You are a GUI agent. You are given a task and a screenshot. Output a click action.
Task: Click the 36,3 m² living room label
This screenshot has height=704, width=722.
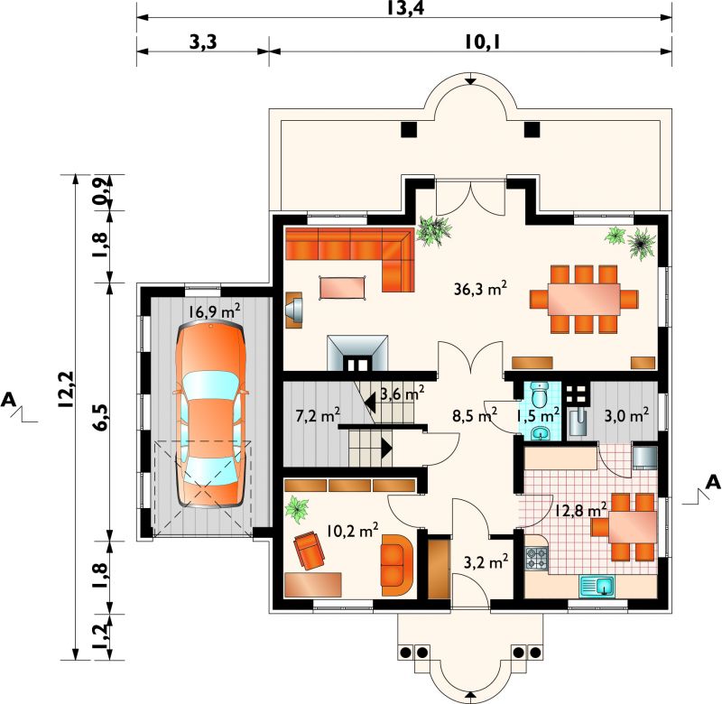pyautogui.click(x=480, y=289)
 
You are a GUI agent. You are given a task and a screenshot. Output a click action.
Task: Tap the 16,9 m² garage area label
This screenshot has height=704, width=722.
pyautogui.click(x=214, y=311)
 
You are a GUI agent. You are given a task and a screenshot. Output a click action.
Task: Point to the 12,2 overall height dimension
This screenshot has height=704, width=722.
pyautogui.click(x=66, y=389)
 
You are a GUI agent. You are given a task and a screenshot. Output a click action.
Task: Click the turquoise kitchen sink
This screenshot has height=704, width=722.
pyautogui.click(x=597, y=586)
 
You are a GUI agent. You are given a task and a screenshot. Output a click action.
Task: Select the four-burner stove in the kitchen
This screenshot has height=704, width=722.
pyautogui.click(x=536, y=558)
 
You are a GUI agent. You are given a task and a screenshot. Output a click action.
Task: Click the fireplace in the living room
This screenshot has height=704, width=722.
pyautogui.click(x=357, y=353)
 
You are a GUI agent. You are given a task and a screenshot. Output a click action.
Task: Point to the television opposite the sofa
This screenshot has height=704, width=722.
pyautogui.click(x=294, y=310)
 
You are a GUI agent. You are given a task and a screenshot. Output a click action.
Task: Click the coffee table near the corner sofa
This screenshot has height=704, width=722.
pyautogui.click(x=343, y=288)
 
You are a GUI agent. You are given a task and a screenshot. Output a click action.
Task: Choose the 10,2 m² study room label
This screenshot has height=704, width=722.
pyautogui.click(x=353, y=531)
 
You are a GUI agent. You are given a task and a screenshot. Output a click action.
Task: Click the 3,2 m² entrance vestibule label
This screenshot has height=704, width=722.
pyautogui.click(x=486, y=561)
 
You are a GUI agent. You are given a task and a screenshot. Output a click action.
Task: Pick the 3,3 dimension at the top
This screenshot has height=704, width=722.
pyautogui.click(x=203, y=42)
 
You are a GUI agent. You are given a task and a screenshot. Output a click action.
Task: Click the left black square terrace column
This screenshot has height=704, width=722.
pyautogui.click(x=409, y=129)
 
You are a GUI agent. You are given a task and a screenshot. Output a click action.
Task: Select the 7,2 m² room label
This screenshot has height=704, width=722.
pyautogui.click(x=318, y=416)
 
